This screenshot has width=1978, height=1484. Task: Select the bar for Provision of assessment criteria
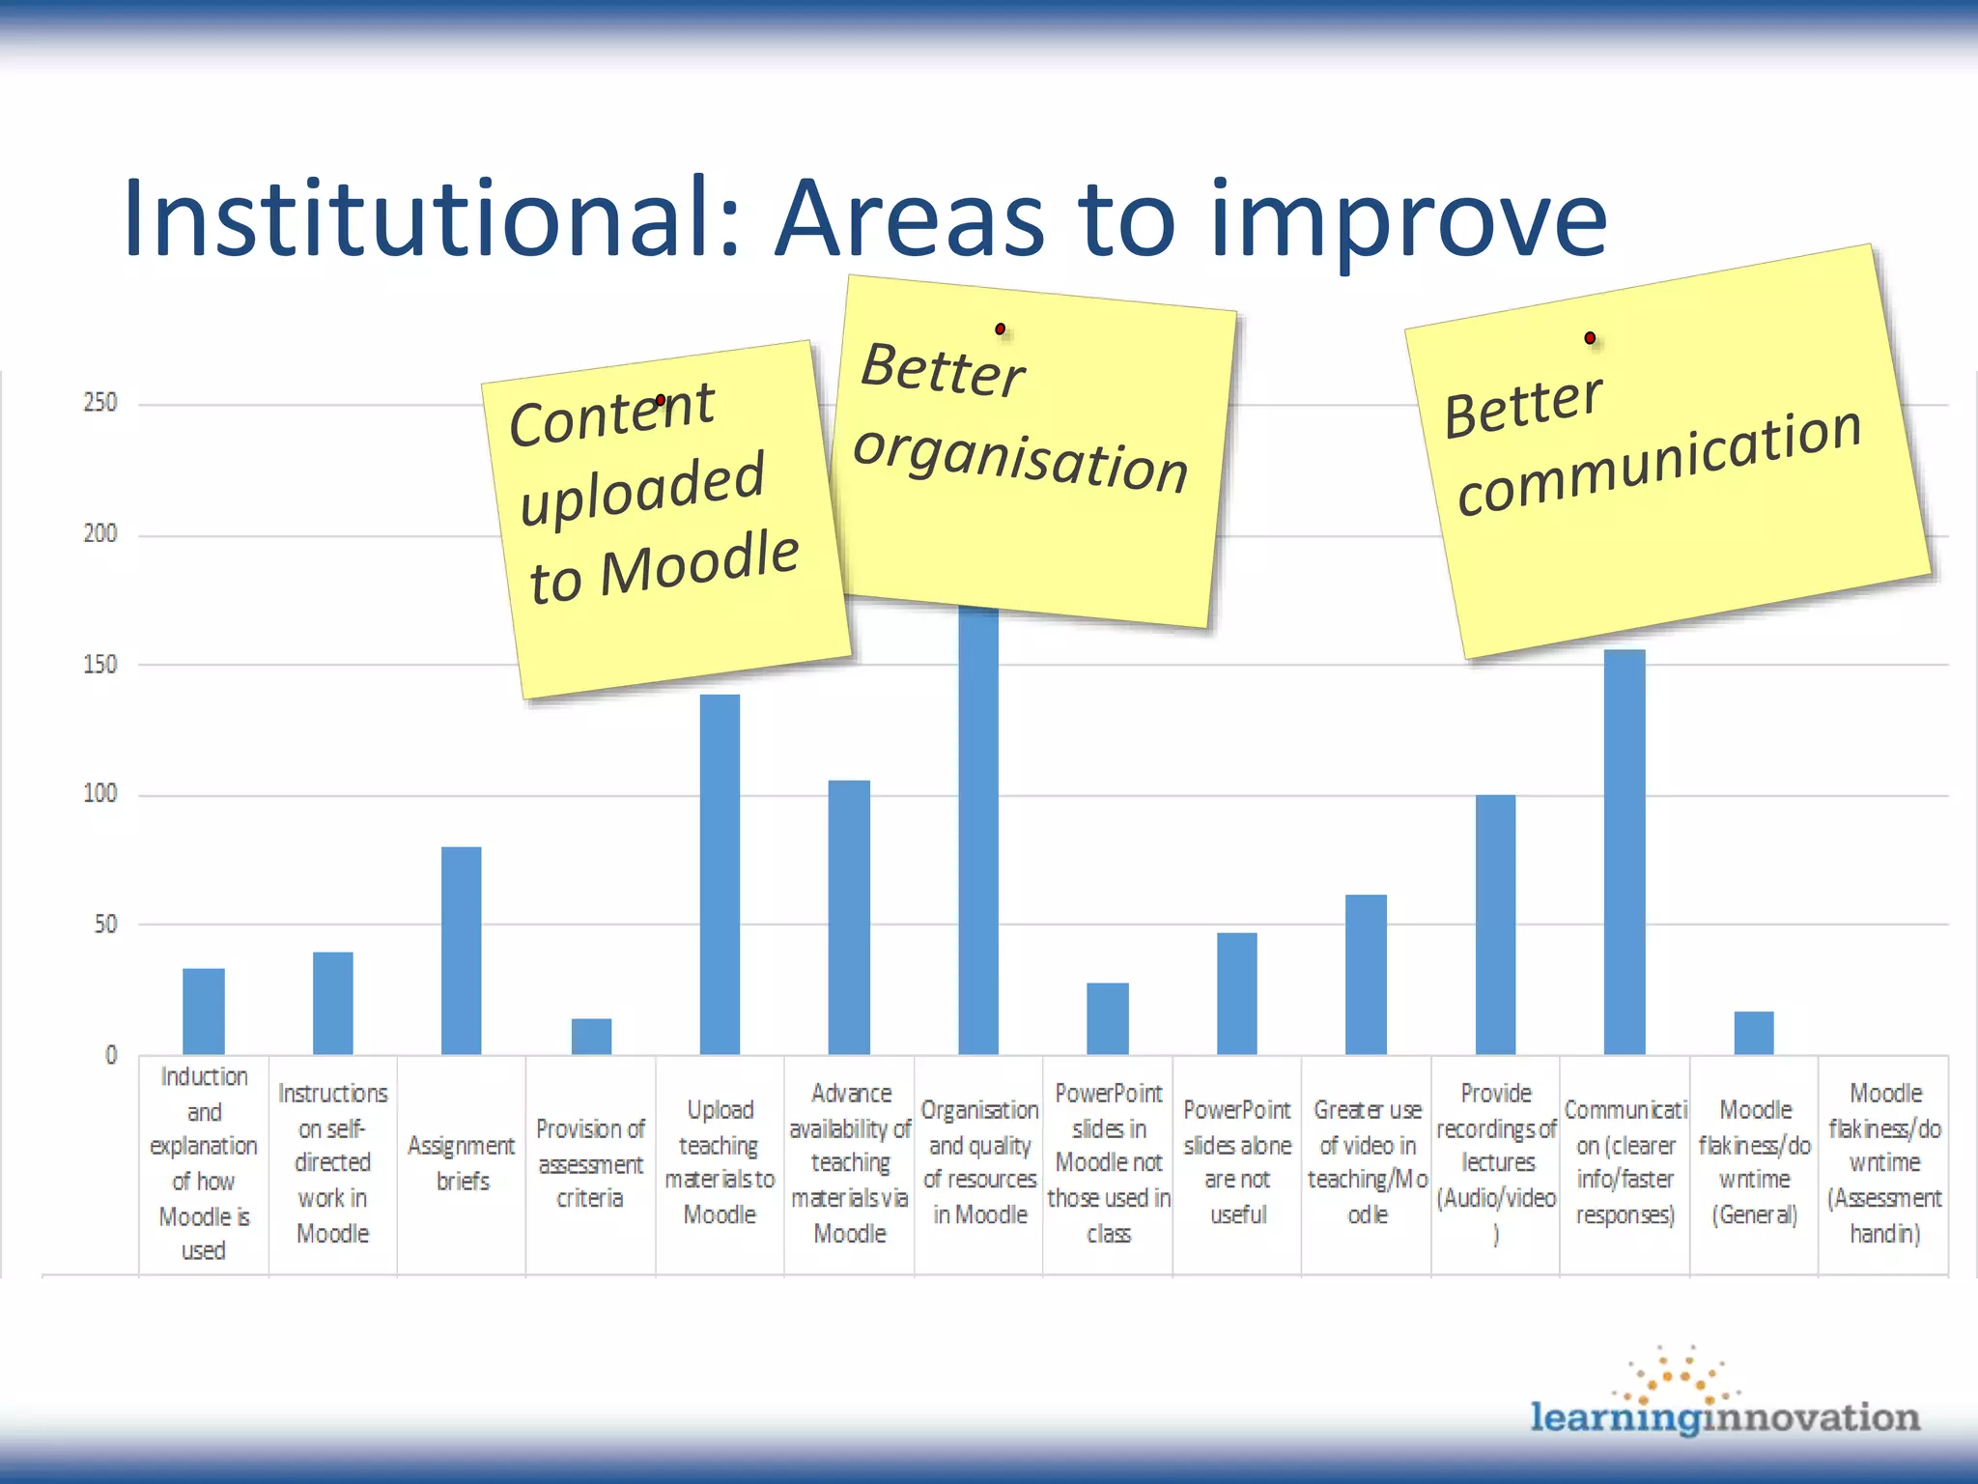pyautogui.click(x=591, y=1036)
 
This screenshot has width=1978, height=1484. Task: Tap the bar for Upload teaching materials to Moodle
pyautogui.click(x=720, y=873)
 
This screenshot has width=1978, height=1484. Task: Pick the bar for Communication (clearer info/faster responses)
pyautogui.click(x=1625, y=851)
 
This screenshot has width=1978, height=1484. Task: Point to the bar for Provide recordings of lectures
pyautogui.click(x=1495, y=924)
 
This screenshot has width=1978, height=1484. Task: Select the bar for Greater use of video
pyautogui.click(x=1366, y=974)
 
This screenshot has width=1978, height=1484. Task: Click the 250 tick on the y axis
pyautogui.click(x=100, y=403)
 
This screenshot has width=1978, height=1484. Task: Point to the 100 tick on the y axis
pyautogui.click(x=100, y=794)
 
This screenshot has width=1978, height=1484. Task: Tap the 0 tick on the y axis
pyautogui.click(x=111, y=1055)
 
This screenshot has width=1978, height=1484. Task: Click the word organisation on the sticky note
pyautogui.click(x=1020, y=458)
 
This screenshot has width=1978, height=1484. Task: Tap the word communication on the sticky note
pyautogui.click(x=1658, y=461)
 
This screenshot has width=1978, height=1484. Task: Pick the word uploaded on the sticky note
pyautogui.click(x=642, y=488)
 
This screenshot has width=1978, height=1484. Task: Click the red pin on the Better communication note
pyautogui.click(x=1590, y=338)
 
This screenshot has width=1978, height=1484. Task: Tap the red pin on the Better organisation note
pyautogui.click(x=1000, y=329)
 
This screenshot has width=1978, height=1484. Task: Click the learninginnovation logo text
pyautogui.click(x=1725, y=1417)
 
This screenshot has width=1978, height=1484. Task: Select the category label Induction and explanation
pyautogui.click(x=204, y=1163)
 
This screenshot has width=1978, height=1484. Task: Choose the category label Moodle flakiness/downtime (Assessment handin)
pyautogui.click(x=1884, y=1163)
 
